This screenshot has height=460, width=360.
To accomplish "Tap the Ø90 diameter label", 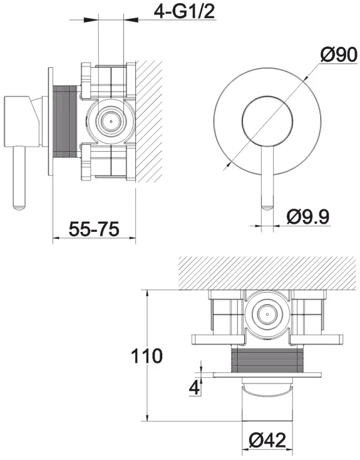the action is coord(339,55).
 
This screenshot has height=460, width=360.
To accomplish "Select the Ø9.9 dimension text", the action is coord(308,216).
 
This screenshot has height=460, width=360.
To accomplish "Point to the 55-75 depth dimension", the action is coord(94,229).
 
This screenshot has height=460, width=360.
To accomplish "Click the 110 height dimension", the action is coord(147,355).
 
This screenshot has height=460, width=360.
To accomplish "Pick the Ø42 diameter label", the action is coord(267,440).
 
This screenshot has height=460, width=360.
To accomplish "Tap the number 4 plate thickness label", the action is coord(194,387).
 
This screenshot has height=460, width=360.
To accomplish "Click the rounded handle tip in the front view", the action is coord(267,208).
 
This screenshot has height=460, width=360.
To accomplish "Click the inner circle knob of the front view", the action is coord(267,120).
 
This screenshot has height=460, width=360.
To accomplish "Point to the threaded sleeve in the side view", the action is coord(64,130).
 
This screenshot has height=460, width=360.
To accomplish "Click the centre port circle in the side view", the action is coord(111,120).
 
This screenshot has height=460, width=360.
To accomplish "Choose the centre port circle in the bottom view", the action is coord(267,313).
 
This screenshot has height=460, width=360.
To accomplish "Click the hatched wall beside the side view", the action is coord(149,121).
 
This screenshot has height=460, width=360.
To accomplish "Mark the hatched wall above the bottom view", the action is coord(268,273).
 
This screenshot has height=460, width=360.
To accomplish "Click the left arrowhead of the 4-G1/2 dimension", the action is coord(91,19).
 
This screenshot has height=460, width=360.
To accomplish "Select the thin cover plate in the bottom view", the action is coord(267,375).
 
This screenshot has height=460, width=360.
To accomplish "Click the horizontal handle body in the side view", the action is coord(22,120).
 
